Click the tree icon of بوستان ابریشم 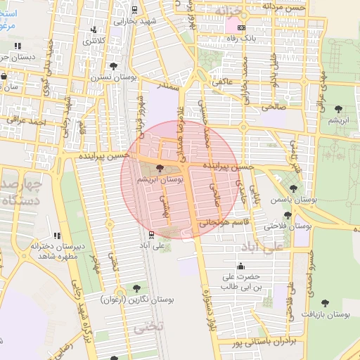click(x=160, y=168)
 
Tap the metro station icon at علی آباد click(x=150, y=235)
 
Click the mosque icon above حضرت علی click(x=242, y=266)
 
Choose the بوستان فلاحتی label click(x=288, y=226)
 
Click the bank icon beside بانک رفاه click(x=242, y=28)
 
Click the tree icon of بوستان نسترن click(x=114, y=65)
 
